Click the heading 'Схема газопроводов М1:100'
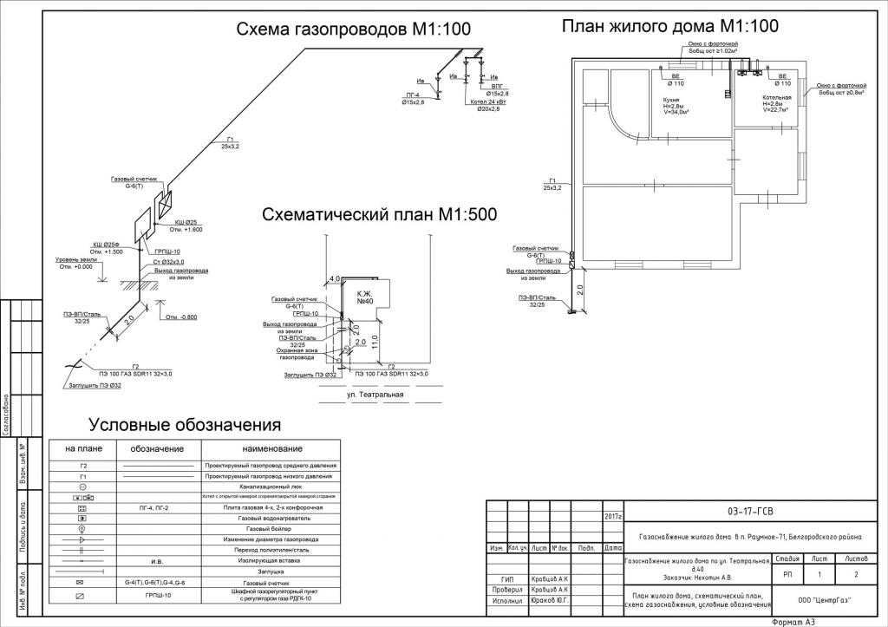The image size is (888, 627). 354,30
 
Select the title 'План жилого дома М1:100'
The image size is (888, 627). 670,26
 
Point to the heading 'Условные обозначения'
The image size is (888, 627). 185,425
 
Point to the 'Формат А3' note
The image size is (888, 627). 795,621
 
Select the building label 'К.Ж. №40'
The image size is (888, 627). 362,297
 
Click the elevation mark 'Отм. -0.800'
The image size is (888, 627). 183,317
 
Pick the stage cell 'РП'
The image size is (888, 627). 787,574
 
